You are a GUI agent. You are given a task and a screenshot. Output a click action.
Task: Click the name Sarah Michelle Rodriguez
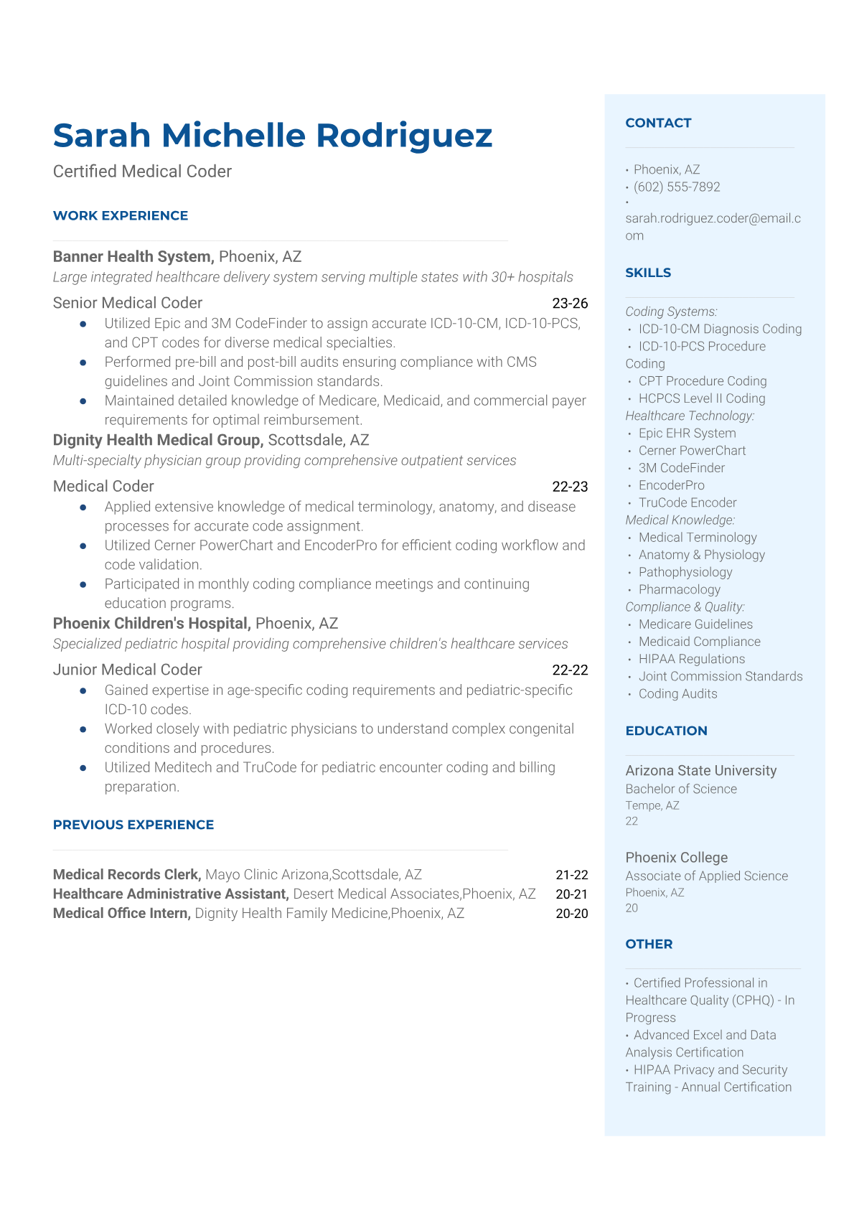(273, 136)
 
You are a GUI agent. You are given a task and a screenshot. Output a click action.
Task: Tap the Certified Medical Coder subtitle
(142, 172)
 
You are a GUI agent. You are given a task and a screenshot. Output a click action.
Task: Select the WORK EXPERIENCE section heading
(121, 215)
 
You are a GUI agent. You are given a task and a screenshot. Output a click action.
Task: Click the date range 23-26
(570, 304)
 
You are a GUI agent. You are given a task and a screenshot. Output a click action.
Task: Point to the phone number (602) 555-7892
(677, 187)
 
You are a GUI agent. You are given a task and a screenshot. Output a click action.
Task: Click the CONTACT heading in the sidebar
(658, 123)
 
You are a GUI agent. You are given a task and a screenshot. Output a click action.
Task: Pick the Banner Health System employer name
(133, 256)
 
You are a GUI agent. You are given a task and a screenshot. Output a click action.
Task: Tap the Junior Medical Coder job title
(128, 670)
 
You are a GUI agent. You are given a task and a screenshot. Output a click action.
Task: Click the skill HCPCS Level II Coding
(702, 398)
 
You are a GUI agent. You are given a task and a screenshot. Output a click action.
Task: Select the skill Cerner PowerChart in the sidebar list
(692, 450)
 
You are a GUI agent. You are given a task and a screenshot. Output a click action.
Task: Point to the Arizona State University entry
(700, 770)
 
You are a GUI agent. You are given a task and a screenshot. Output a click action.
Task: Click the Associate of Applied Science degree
(706, 876)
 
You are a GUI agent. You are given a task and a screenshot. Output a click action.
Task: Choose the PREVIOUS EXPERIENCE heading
(133, 825)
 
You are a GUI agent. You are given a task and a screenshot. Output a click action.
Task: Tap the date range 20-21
(571, 894)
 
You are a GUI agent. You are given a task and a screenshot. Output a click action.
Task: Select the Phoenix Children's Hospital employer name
(151, 623)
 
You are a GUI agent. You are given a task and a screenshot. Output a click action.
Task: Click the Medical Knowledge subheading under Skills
(680, 520)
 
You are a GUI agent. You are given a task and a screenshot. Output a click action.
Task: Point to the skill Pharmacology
(679, 589)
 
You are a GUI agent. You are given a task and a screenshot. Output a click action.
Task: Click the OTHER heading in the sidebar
(649, 944)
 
